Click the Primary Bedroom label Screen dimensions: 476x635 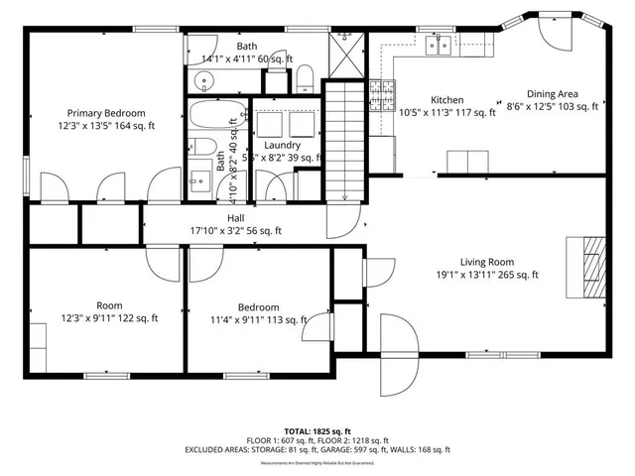pyautogui.click(x=106, y=112)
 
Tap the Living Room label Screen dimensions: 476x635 pyautogui.click(x=486, y=262)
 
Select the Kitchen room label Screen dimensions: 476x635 pyautogui.click(x=446, y=99)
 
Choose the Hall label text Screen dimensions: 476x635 pyautogui.click(x=235, y=217)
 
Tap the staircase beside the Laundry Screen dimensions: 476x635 pyautogui.click(x=347, y=139)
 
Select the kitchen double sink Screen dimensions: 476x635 pyautogui.click(x=437, y=45)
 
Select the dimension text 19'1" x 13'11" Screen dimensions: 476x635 pyautogui.click(x=486, y=276)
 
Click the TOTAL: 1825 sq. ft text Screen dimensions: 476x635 pyautogui.click(x=317, y=430)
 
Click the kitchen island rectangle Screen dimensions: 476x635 pyautogui.click(x=467, y=161)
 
